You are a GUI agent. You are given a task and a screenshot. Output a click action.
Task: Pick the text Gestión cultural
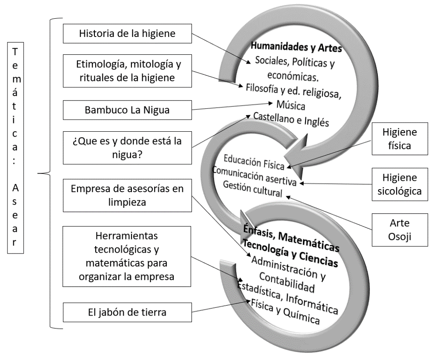(252, 189)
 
